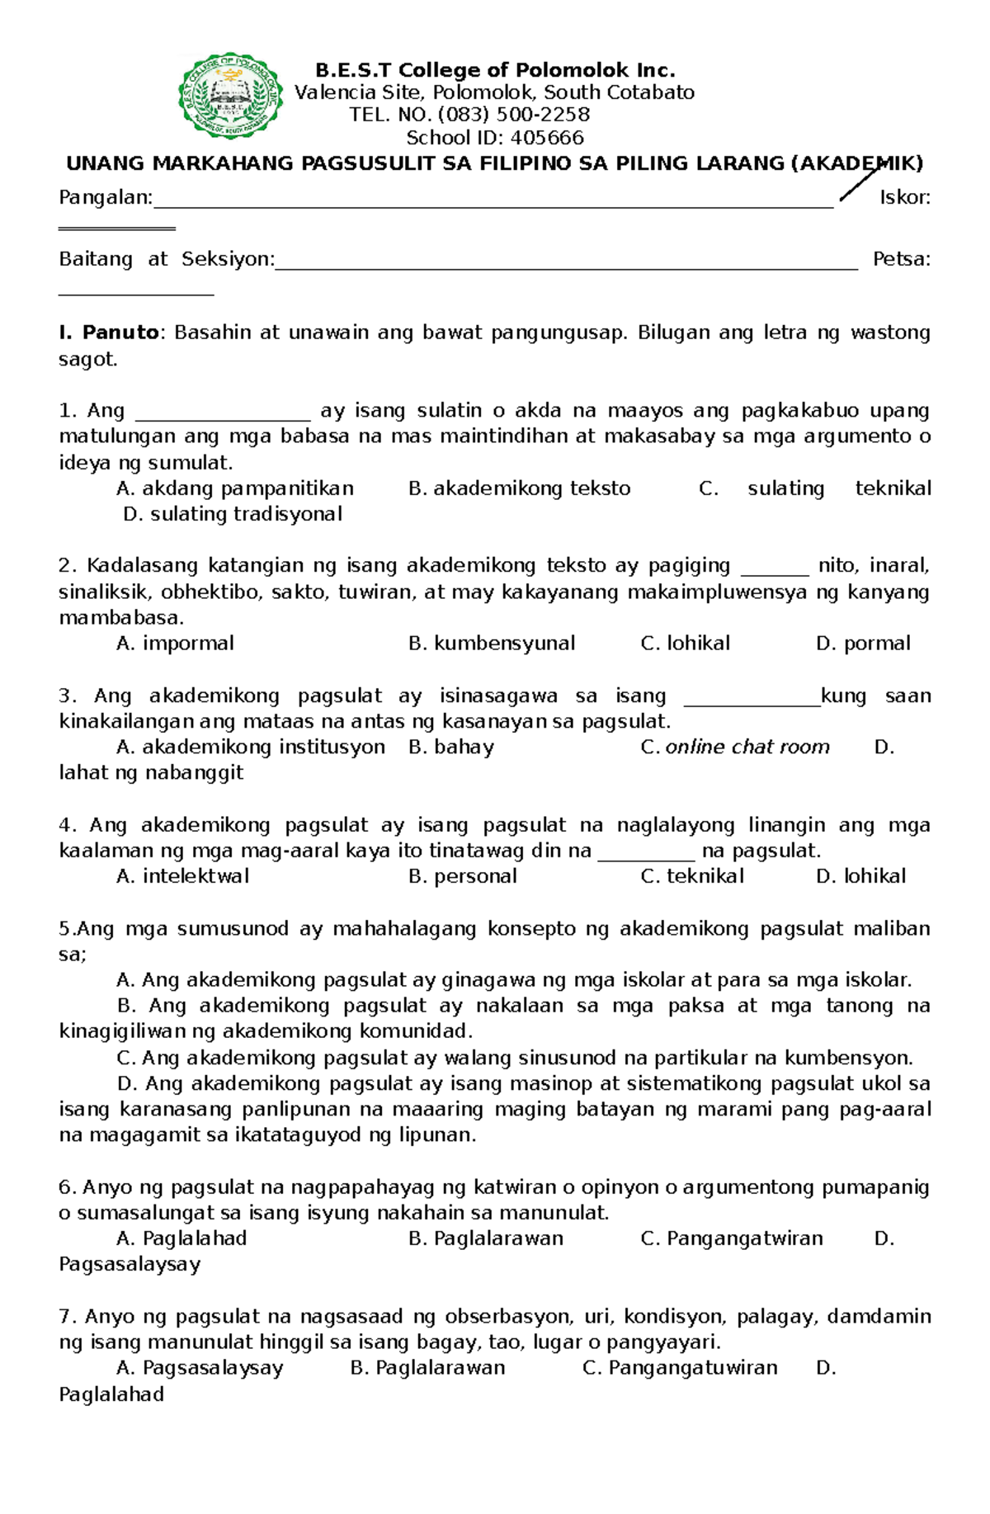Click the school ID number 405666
pyautogui.click(x=547, y=138)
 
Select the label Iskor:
pyautogui.click(x=904, y=198)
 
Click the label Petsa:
pyautogui.click(x=901, y=260)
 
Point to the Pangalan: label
pyautogui.click(x=106, y=198)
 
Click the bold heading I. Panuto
pyautogui.click(x=109, y=333)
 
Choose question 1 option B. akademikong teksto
pyautogui.click(x=519, y=488)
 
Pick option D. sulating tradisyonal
pyautogui.click(x=232, y=514)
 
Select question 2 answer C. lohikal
pyautogui.click(x=685, y=644)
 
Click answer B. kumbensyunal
pyautogui.click(x=492, y=644)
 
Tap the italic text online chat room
pyautogui.click(x=747, y=748)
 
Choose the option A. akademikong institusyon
pyautogui.click(x=251, y=748)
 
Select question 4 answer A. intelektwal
pyautogui.click(x=182, y=876)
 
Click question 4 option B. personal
pyautogui.click(x=463, y=876)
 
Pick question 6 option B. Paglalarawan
pyautogui.click(x=486, y=1238)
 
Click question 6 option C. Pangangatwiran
pyautogui.click(x=732, y=1238)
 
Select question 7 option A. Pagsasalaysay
pyautogui.click(x=200, y=1368)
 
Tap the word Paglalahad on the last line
pyautogui.click(x=111, y=1394)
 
